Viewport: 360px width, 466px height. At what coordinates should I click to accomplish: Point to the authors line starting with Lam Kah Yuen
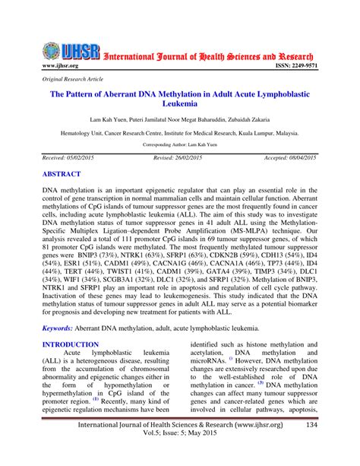point(180,120)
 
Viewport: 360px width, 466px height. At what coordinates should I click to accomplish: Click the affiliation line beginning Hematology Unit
point(180,132)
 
